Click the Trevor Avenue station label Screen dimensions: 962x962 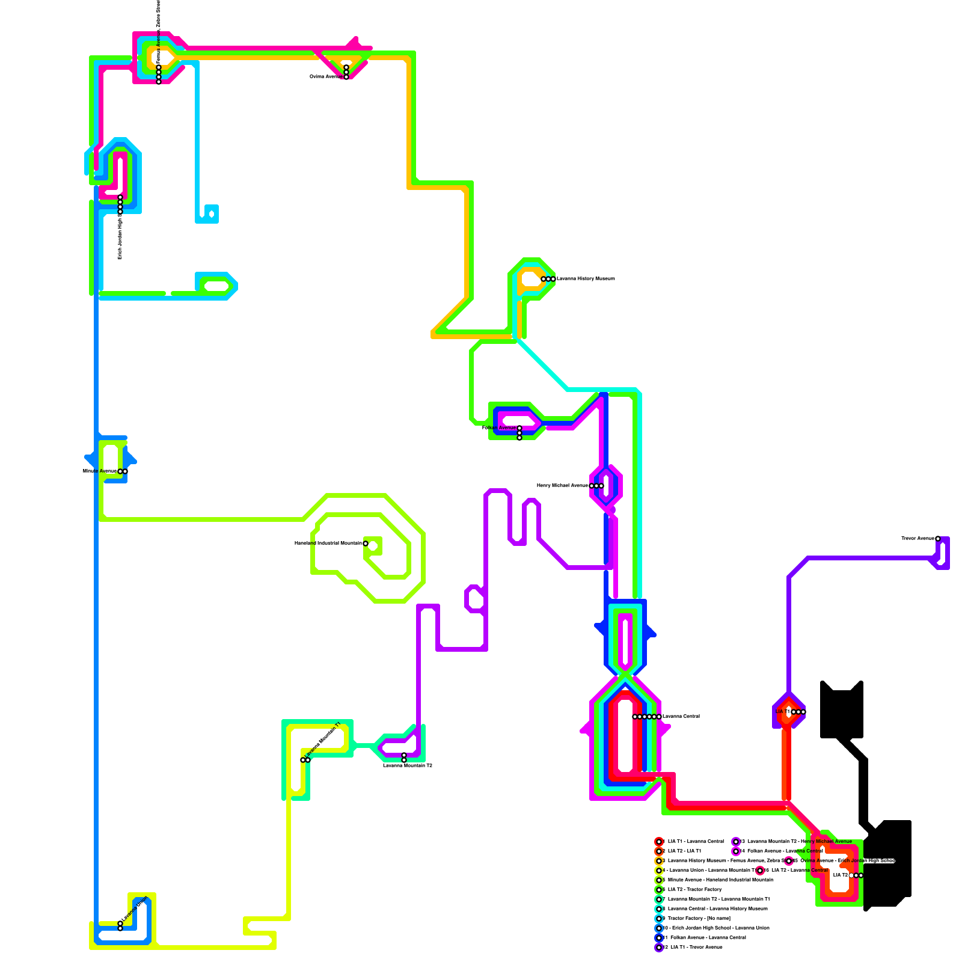[918, 538]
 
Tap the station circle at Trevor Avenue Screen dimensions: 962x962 [938, 539]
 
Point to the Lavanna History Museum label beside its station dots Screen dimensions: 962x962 [586, 279]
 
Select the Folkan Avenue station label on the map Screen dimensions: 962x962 [498, 427]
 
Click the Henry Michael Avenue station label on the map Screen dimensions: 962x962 [562, 485]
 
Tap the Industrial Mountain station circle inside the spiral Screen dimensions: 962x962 [366, 544]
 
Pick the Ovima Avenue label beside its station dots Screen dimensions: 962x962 [326, 76]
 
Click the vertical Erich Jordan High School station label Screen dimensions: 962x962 [120, 234]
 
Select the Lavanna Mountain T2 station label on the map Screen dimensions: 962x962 [408, 765]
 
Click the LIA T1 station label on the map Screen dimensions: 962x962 [783, 711]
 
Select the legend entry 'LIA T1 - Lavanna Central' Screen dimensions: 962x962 [696, 841]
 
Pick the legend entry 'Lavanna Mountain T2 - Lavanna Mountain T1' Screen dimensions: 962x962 [718, 899]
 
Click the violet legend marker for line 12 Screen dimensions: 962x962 [659, 947]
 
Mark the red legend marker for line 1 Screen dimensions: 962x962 [659, 841]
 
